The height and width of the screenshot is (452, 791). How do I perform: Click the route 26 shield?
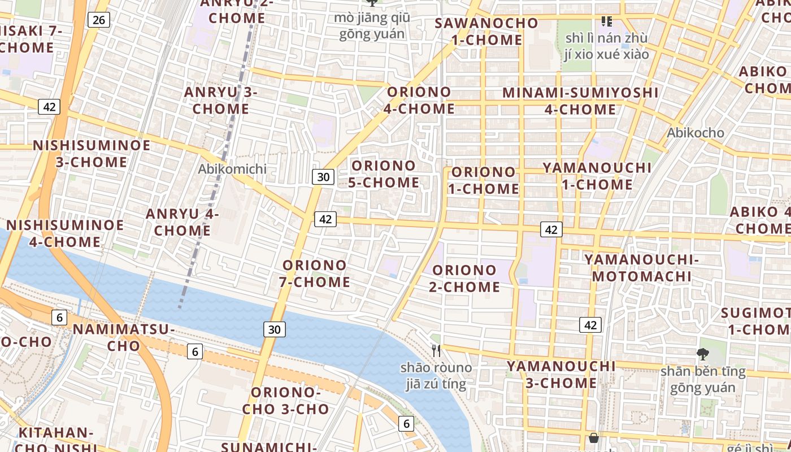pos(98,20)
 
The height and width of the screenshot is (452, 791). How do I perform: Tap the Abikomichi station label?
pos(232,168)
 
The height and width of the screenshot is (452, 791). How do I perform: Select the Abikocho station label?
pos(695,133)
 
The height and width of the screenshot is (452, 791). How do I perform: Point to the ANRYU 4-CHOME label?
pos(182,222)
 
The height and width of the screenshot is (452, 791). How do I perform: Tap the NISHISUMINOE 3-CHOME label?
pos(92,153)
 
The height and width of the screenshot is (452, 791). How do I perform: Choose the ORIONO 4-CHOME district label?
pos(419,100)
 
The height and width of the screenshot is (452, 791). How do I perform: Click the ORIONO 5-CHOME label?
pos(384,174)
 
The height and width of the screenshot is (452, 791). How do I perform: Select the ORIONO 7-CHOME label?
pos(315,273)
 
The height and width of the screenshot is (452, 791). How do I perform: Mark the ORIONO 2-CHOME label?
pos(464,279)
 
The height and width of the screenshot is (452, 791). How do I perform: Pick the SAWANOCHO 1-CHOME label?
pos(486,31)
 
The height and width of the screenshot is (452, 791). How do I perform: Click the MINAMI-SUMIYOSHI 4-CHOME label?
pos(580,101)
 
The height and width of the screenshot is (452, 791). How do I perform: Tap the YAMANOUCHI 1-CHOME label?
pos(597,176)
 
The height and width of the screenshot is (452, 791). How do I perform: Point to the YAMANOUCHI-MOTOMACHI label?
pos(641,268)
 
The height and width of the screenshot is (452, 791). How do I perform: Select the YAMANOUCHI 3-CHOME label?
pos(561,374)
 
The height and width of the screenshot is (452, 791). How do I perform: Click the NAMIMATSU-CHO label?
pos(123,337)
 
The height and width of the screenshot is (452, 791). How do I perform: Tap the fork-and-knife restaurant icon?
pos(436,351)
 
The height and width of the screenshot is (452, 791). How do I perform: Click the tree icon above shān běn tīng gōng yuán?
pos(703,354)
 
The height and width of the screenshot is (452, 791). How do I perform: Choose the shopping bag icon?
pos(594,438)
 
